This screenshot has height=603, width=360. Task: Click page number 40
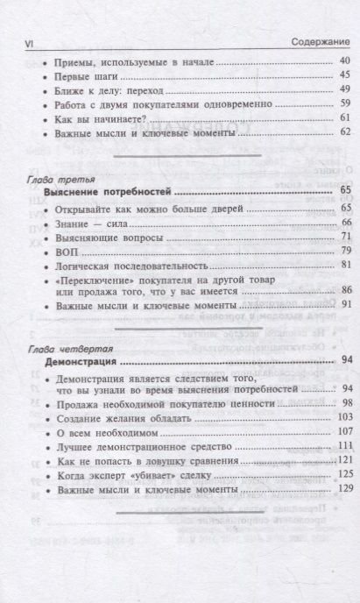[x=344, y=60]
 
